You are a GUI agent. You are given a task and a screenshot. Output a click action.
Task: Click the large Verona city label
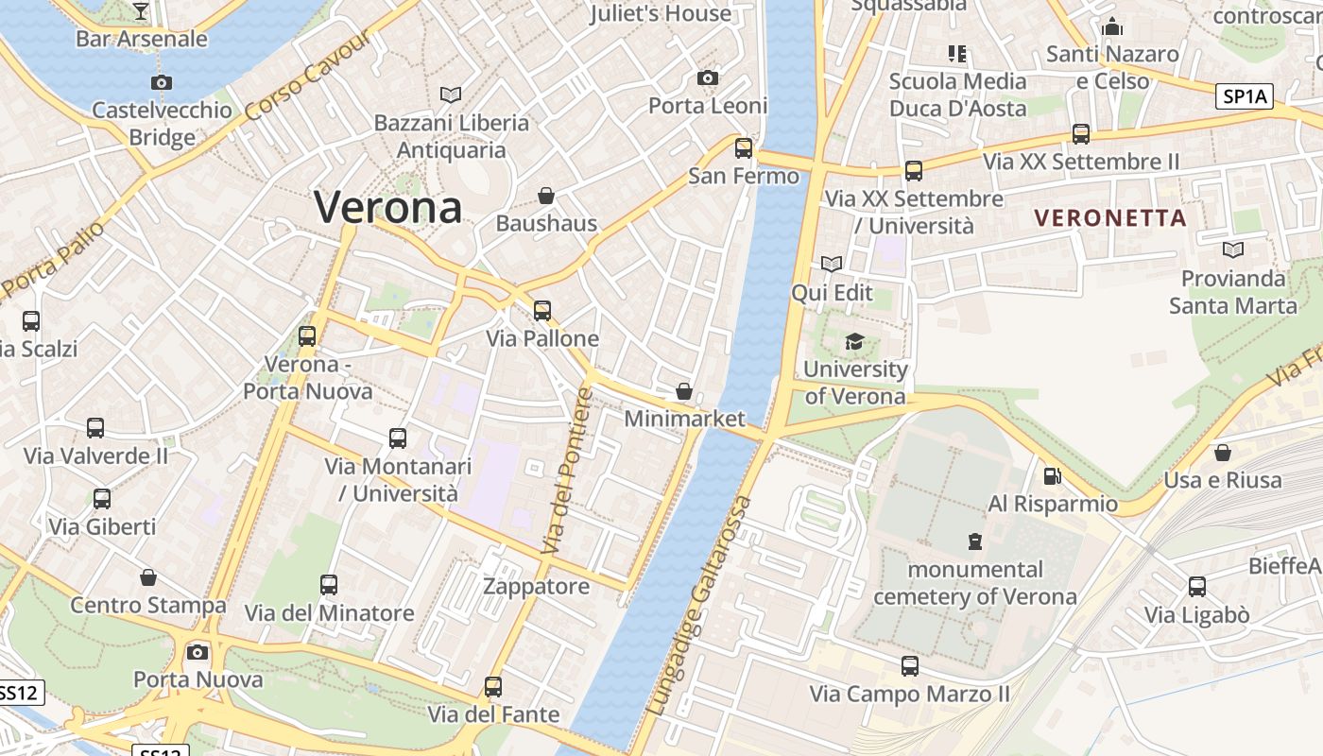(387, 207)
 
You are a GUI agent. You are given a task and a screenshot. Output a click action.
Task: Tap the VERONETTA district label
(1110, 218)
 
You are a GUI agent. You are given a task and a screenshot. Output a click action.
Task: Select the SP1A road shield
(1245, 95)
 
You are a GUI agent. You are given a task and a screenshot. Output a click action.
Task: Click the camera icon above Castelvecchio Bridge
(162, 82)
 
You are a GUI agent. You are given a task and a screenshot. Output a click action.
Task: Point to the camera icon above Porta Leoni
(708, 77)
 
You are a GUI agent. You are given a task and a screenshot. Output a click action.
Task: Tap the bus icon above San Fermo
(744, 147)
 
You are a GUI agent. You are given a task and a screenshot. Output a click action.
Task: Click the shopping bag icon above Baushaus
(546, 196)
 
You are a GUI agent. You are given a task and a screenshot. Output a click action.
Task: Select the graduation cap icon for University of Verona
(854, 341)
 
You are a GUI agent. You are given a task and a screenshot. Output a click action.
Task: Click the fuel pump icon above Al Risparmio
(1052, 476)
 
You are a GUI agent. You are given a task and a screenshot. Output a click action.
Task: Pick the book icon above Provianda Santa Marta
(1233, 249)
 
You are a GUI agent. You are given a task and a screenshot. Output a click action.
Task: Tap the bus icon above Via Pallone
(542, 310)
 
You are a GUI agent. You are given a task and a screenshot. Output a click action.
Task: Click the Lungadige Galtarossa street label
(700, 605)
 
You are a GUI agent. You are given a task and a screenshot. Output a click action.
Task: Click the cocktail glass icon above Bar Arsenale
(141, 11)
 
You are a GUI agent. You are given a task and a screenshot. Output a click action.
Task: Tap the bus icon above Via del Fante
(492, 686)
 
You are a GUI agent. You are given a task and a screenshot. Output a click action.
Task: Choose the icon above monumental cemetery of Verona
(975, 541)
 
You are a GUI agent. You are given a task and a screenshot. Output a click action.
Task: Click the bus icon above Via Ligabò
(1197, 587)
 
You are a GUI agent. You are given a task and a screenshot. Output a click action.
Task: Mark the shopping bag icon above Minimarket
(684, 391)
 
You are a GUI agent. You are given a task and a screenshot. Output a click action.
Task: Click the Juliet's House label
(661, 13)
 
